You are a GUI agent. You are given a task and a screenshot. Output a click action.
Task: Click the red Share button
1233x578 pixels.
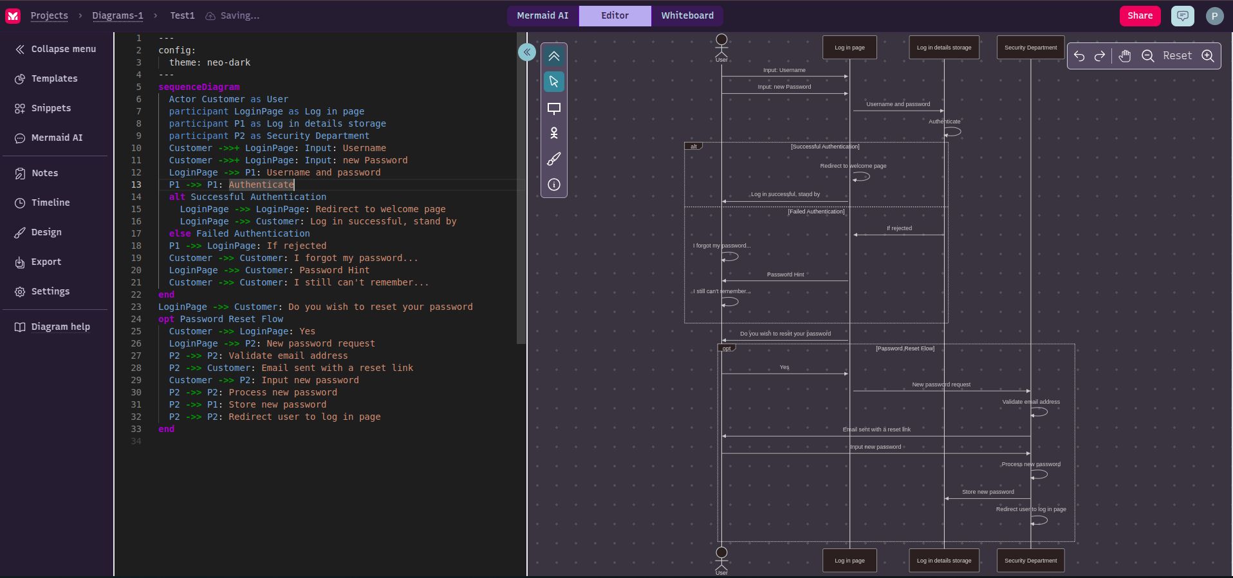coord(1140,16)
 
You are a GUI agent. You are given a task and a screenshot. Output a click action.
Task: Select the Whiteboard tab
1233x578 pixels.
coord(687,16)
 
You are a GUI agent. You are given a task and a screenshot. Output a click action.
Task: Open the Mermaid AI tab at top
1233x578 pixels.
coord(542,16)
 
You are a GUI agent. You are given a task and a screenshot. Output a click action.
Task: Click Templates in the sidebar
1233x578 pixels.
coord(54,78)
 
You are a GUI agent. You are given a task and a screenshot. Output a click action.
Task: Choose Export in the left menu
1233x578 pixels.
coord(46,262)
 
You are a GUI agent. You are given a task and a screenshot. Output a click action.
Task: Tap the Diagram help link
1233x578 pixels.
coord(60,327)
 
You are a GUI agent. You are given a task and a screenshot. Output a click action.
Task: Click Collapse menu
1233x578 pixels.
coord(63,49)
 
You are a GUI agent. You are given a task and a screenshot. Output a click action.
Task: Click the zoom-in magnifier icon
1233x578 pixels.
coord(1208,56)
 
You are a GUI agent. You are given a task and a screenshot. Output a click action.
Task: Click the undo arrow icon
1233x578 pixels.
coord(1079,56)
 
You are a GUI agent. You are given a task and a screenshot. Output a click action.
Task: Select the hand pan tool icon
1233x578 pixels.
coord(1124,56)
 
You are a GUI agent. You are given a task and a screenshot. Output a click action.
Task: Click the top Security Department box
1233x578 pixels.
coord(1030,48)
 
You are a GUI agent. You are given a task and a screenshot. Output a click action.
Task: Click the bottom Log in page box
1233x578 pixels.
coord(849,561)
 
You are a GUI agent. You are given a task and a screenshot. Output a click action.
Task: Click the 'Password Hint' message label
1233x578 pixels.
coord(785,275)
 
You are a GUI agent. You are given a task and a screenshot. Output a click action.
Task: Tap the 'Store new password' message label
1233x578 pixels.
coord(988,492)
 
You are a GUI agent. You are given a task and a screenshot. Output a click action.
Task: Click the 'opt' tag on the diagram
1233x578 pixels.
coord(727,348)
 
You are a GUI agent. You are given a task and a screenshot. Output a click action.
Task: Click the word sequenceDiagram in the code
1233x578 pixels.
coord(199,87)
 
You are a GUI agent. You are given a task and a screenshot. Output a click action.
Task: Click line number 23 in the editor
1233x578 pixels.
coord(136,307)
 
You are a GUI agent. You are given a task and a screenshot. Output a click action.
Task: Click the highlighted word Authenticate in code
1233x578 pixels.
coord(261,185)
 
